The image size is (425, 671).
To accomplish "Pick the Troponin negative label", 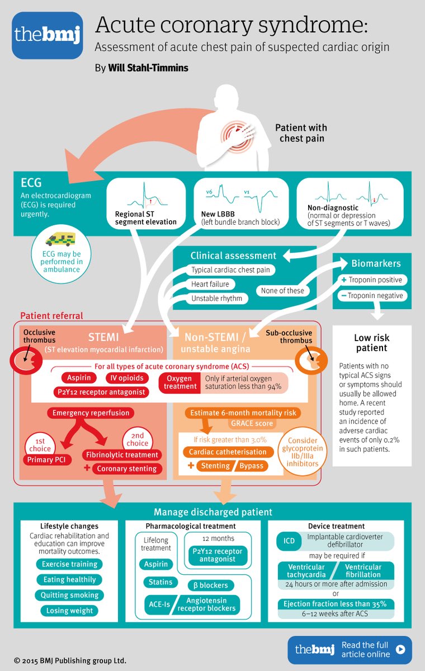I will coord(371,295).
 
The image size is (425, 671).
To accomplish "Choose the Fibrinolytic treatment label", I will coord(122,455).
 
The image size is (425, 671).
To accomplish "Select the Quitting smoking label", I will coord(69,595).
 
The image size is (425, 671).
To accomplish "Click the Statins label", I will coord(160,582).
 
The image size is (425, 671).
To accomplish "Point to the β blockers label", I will coord(210,585).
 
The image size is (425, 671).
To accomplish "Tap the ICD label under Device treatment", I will coord(289,541).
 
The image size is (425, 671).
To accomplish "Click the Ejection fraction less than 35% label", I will coord(336,603).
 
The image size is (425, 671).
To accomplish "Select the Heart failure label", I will coord(210,284).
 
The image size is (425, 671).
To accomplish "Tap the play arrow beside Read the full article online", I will coord(400,649).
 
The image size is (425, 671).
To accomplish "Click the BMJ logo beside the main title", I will coord(47,35).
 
